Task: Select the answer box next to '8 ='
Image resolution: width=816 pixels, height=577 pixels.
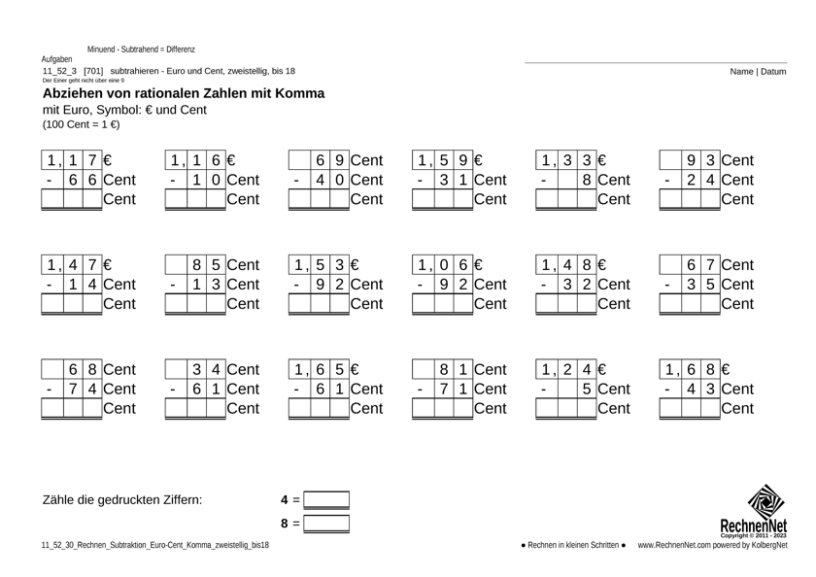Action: click(x=326, y=524)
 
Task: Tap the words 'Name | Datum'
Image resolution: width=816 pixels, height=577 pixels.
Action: click(x=759, y=71)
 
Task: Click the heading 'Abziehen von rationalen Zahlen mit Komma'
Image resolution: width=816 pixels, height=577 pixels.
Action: click(x=184, y=93)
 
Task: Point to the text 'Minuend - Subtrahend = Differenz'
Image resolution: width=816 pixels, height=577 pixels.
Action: click(x=141, y=49)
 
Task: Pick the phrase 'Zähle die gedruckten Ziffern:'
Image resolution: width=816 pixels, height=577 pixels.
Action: click(x=122, y=501)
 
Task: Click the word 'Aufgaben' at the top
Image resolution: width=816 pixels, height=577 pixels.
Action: click(x=59, y=59)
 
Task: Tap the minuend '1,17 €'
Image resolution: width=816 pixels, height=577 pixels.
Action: click(x=78, y=159)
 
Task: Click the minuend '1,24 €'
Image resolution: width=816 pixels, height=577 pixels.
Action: click(x=571, y=369)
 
